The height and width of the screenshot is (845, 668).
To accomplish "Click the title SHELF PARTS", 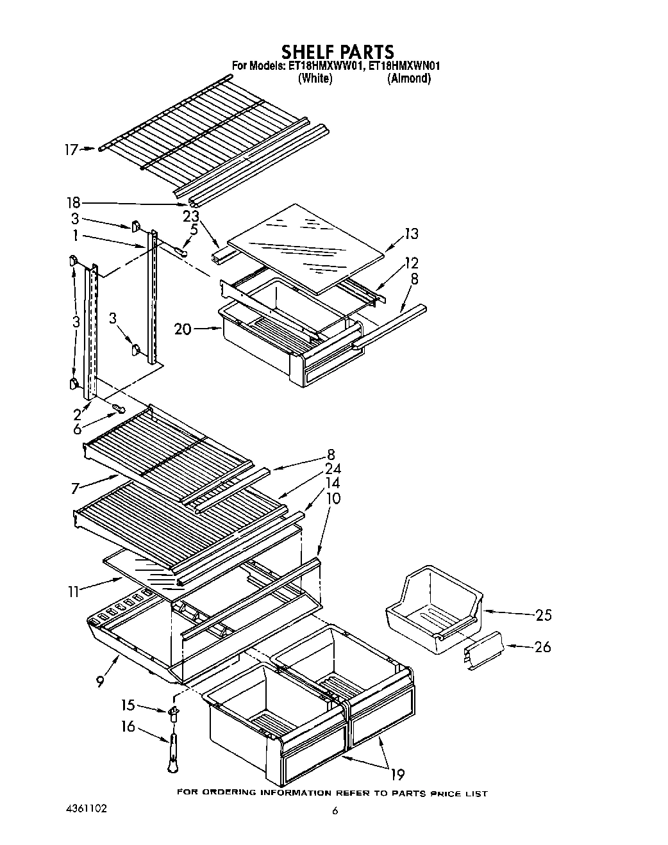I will coord(338,51).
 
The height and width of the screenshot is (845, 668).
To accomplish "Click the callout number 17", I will coord(71,150).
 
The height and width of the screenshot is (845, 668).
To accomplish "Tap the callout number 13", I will coord(411,234).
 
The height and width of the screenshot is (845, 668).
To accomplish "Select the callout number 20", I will coord(183,329).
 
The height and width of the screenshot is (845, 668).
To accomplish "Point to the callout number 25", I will coord(543,615).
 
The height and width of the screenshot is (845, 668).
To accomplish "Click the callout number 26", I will coord(542,647).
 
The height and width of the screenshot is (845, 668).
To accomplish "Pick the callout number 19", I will coord(397,775).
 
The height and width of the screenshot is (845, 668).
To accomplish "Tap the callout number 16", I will coord(128,726).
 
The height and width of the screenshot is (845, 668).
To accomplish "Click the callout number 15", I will coord(128,705).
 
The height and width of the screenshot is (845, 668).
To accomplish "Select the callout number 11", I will coord(73,591).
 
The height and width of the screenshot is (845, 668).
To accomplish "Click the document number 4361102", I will coord(85,808).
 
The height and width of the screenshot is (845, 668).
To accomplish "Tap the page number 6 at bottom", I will coord(335,810).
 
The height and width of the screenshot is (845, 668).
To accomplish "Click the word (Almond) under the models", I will coord(409,79).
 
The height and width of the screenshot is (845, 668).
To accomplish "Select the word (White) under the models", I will coord(315,79).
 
